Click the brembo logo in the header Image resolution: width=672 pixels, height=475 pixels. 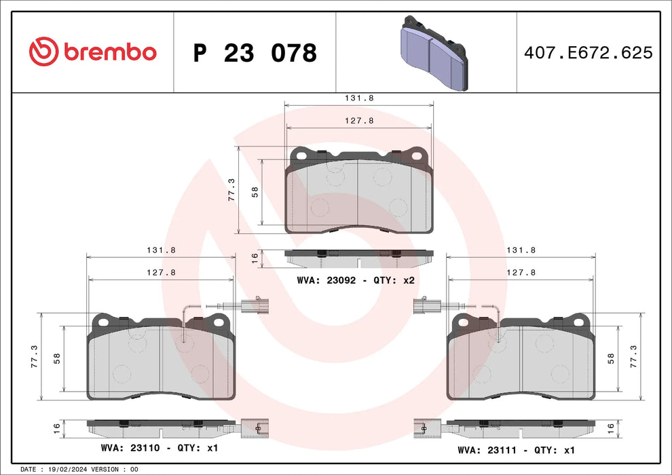pyautogui.click(x=93, y=52)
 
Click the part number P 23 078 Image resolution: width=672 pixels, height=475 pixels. pyautogui.click(x=255, y=52)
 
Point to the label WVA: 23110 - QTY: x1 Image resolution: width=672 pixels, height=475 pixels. pyautogui.click(x=160, y=448)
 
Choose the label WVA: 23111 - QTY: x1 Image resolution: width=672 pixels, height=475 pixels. pyautogui.click(x=517, y=449)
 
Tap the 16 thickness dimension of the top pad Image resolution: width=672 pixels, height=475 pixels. pyautogui.click(x=254, y=258)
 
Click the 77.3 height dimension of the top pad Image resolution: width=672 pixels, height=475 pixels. pyautogui.click(x=231, y=190)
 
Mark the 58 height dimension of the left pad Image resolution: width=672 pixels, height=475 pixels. pyautogui.click(x=56, y=357)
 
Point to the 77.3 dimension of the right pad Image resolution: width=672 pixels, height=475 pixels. pyautogui.click(x=634, y=356)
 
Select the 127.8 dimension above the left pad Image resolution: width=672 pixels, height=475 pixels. pyautogui.click(x=162, y=271)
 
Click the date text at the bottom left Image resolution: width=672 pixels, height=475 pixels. pyautogui.click(x=79, y=469)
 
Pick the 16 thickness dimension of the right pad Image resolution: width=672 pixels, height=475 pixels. pyautogui.click(x=610, y=427)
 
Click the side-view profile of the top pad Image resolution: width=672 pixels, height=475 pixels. pyautogui.click(x=359, y=258)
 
